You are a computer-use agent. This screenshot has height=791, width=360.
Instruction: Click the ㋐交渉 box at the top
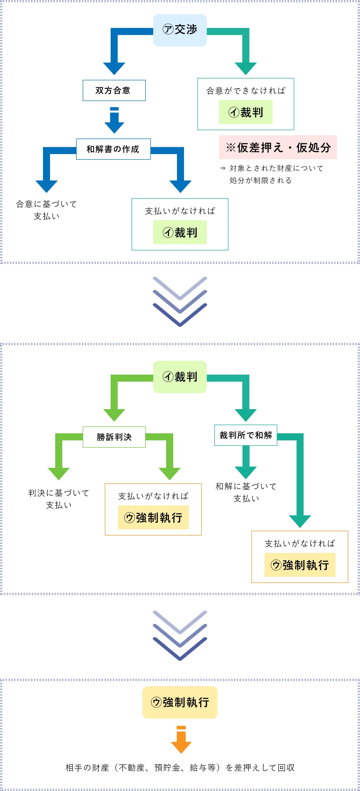(x=180, y=30)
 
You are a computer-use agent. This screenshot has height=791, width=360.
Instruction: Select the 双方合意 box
(x=114, y=90)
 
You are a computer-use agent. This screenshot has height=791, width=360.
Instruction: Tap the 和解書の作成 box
(x=113, y=149)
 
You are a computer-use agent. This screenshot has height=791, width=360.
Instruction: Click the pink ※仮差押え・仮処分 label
(x=278, y=147)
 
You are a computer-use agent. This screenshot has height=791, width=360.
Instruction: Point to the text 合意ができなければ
(x=246, y=91)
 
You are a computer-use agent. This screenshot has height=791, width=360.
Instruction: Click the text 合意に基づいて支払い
(x=47, y=210)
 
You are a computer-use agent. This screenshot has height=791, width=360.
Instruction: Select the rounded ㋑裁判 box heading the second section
(x=180, y=377)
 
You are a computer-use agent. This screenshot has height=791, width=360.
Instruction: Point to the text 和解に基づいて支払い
(x=246, y=492)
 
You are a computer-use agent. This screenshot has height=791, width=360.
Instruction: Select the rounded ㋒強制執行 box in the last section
(x=180, y=702)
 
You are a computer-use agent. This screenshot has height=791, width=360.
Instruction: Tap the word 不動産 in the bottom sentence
(x=131, y=767)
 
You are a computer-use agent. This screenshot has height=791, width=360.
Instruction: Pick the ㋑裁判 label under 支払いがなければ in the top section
(x=180, y=233)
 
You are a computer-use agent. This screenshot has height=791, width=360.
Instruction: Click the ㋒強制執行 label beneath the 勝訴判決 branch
(x=153, y=517)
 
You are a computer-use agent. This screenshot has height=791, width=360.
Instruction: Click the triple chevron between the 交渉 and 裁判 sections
(x=180, y=301)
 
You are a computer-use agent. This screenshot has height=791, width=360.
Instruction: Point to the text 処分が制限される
(x=260, y=180)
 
